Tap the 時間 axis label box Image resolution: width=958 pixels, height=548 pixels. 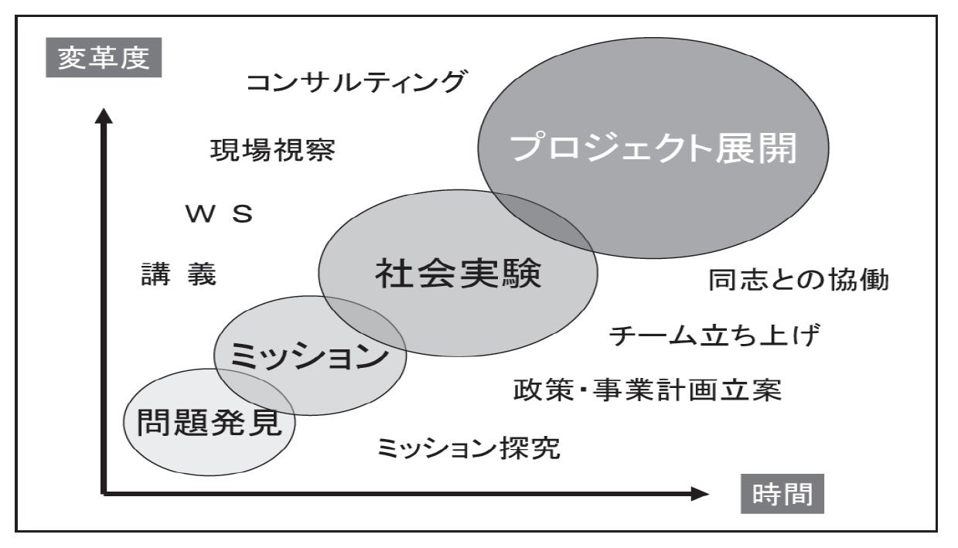tap(782, 493)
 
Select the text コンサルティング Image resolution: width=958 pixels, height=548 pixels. tap(356, 82)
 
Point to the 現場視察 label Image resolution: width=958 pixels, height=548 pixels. tap(272, 151)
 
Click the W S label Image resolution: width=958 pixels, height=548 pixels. tap(219, 214)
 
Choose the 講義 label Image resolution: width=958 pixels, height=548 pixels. tap(179, 274)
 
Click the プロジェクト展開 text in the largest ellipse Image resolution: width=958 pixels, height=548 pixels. tap(653, 148)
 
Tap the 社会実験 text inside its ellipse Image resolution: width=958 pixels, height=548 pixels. tap(459, 275)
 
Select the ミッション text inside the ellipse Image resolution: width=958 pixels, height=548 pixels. tap(309, 357)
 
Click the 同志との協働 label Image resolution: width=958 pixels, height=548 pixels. tap(799, 280)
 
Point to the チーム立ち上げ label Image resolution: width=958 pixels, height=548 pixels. tap(714, 337)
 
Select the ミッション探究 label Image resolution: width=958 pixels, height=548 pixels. tap(469, 448)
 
